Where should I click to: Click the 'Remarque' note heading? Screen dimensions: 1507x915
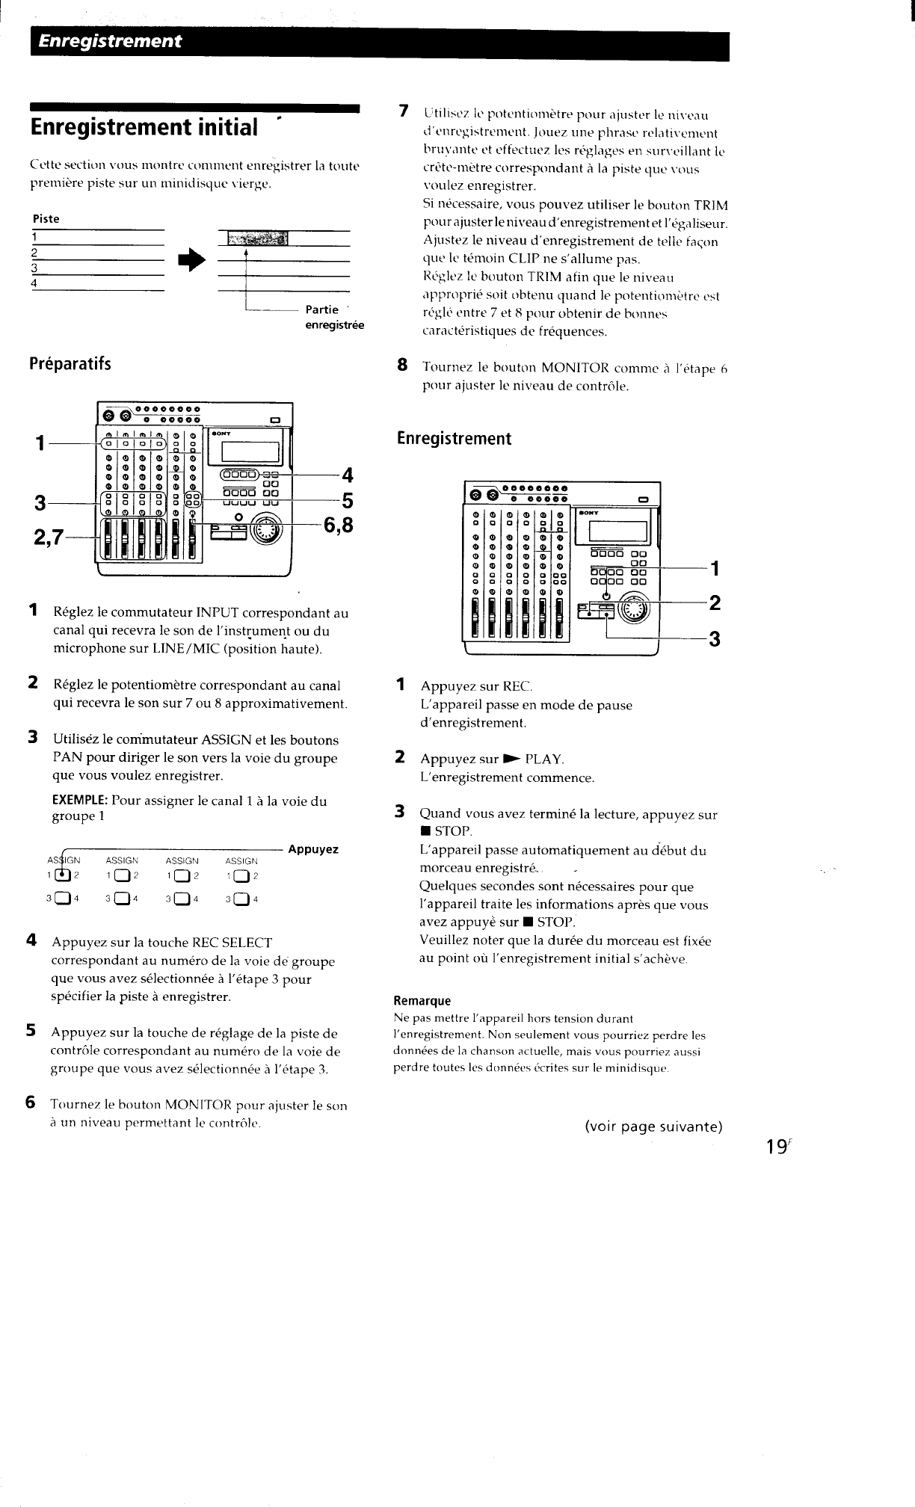422,1001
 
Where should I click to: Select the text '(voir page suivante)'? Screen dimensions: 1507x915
653,1127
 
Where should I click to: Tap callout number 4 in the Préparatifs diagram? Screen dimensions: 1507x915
346,475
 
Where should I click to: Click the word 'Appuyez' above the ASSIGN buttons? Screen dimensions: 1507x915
313,849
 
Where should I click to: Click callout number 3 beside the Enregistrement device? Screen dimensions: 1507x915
714,639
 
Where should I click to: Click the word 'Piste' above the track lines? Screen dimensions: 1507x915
46,219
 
